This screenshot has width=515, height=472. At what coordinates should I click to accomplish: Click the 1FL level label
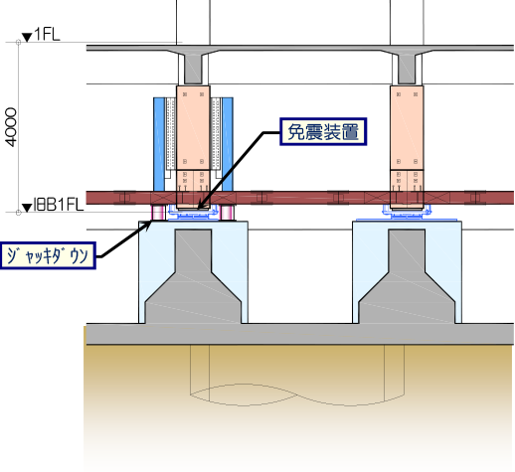pos(47,34)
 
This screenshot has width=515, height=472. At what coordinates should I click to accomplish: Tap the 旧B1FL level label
pos(58,205)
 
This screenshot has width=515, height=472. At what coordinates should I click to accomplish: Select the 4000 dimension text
pos(11,127)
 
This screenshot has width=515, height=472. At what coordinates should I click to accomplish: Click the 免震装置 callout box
pos(323,131)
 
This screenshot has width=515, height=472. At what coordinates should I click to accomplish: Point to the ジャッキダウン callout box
pos(48,255)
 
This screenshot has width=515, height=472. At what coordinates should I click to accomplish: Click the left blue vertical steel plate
pos(159,144)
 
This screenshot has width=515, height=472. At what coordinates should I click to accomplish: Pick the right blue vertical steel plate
pos(228,144)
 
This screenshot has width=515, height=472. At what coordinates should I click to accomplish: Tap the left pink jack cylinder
pos(158,213)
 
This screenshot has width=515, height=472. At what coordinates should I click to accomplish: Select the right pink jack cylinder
pos(227,213)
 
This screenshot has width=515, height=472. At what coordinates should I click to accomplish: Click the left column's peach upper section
pos(193,127)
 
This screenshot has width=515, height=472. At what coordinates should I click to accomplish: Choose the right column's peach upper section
pos(407,127)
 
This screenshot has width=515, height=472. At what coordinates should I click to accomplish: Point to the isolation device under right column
pos(407,213)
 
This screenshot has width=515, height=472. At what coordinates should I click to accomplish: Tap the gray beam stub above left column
pos(193,66)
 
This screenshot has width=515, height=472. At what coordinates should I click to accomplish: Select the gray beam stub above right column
pos(407,66)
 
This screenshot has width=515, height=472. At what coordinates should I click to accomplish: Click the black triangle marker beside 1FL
pos(27,37)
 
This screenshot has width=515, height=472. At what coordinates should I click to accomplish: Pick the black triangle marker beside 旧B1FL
pos(27,208)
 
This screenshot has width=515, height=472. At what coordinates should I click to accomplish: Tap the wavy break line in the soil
pos(297,394)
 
